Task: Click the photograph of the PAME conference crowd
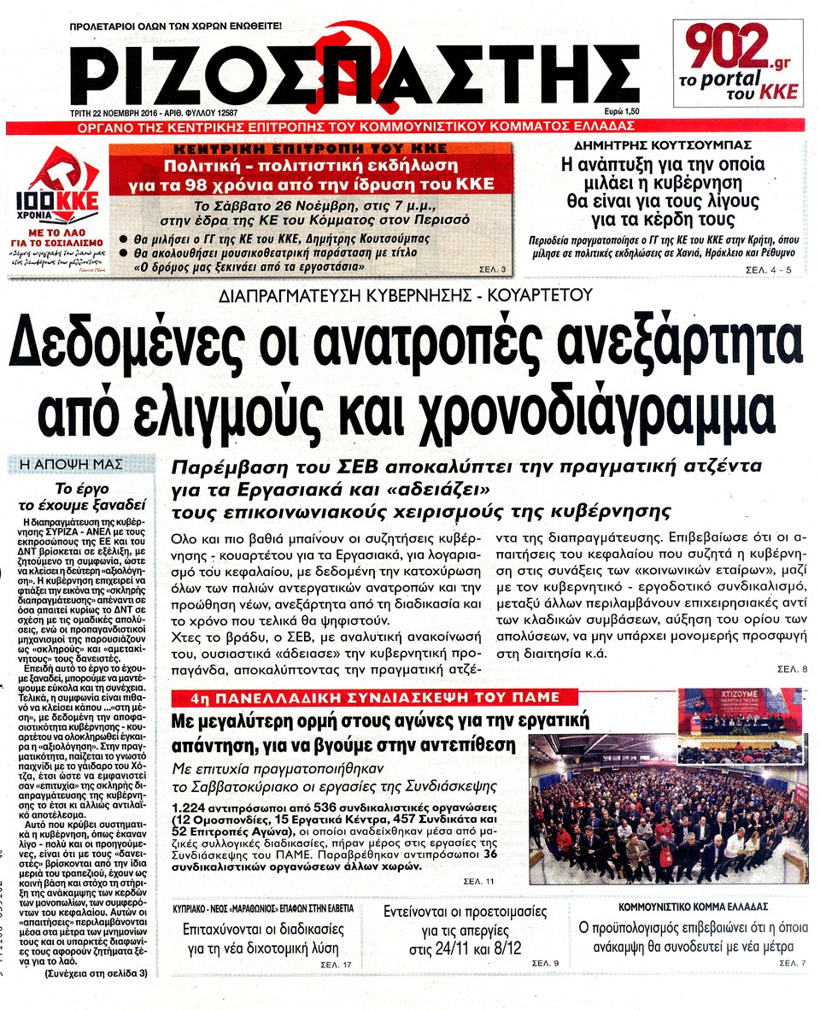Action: (668, 787)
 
